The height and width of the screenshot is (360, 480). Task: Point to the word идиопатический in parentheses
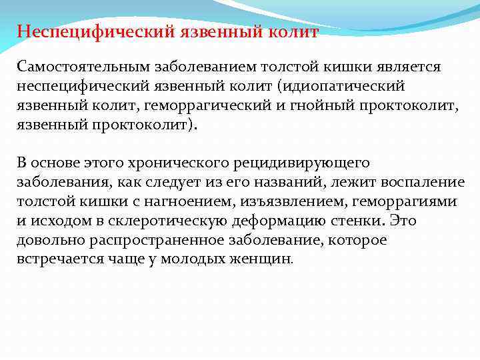[x=345, y=87]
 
